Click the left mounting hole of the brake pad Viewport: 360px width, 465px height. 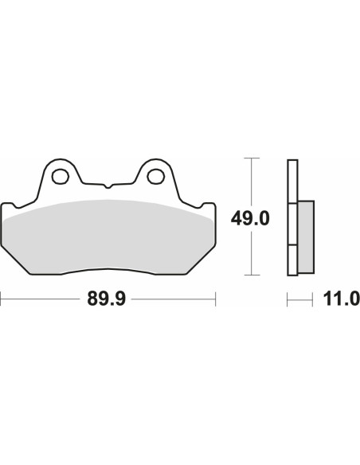click(x=60, y=174)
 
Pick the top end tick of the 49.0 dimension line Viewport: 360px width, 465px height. click(x=252, y=160)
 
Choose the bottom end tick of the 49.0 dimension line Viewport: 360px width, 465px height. click(x=252, y=275)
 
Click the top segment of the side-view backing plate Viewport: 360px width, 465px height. click(x=292, y=182)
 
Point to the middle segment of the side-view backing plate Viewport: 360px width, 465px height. click(x=292, y=225)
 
